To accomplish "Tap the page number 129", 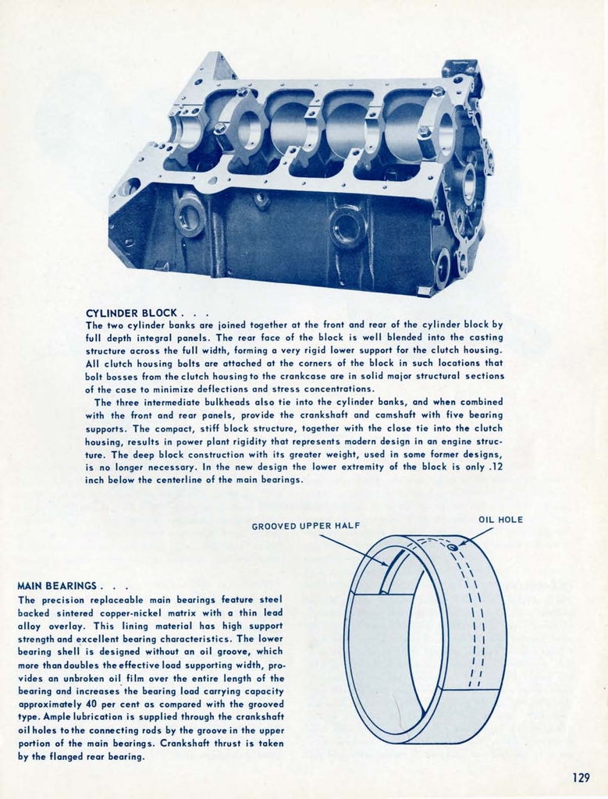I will tap(581, 777).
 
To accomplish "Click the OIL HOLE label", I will tap(500, 520).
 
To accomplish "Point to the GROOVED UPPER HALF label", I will tap(305, 526).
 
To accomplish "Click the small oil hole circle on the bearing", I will tap(452, 548).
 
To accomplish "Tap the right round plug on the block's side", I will tap(347, 227).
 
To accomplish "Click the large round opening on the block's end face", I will tap(468, 184).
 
